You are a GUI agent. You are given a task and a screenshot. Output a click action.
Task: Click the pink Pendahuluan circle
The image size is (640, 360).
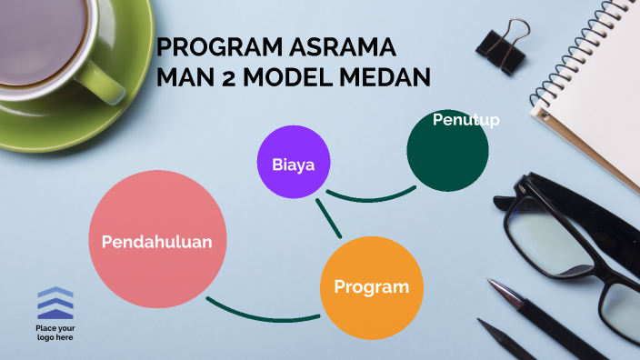[158, 238]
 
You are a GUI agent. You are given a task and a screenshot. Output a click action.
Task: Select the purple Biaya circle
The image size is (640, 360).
[293, 163]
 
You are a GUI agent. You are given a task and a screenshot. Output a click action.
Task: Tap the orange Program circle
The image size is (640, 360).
[371, 287]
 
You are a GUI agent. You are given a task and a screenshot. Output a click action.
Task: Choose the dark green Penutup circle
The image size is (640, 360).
[447, 151]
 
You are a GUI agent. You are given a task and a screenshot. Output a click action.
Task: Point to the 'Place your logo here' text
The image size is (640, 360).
[55, 332]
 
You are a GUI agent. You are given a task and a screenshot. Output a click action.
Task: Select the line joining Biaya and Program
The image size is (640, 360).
[328, 219]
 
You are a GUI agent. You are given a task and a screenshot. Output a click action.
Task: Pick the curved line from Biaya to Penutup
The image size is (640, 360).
[368, 196]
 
